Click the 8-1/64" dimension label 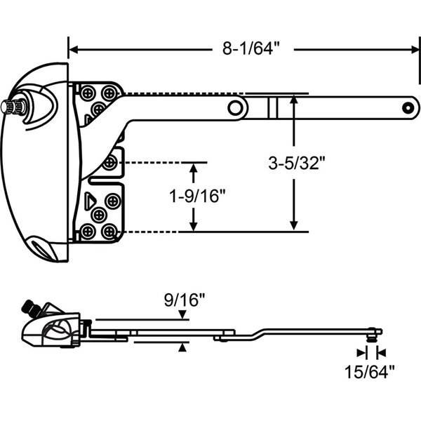point(251,49)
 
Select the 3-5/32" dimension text point(296,163)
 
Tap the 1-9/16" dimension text point(197,196)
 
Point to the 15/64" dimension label point(370,372)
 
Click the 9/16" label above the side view point(185,300)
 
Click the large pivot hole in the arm point(235,107)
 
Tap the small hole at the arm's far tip point(408,108)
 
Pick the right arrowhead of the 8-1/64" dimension point(415,50)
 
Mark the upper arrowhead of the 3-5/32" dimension point(294,99)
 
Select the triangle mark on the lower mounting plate point(90,201)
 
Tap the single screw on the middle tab point(109,163)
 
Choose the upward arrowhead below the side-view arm point(182,347)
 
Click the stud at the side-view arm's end point(372,335)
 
